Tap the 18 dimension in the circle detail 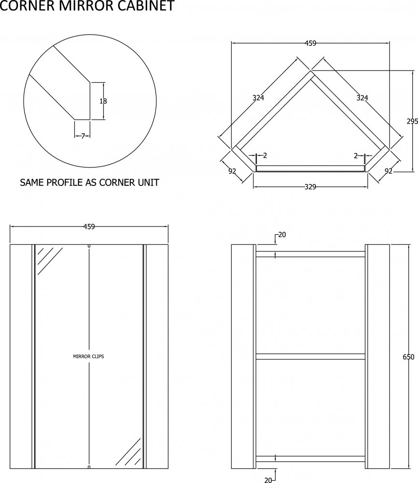103,101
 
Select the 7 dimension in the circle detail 83,136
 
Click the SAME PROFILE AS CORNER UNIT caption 89,183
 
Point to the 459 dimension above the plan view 310,43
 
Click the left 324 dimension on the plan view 258,98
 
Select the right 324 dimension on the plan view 362,98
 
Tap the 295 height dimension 412,122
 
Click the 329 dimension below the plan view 310,187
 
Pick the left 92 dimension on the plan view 232,170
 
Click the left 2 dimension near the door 265,156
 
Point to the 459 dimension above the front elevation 89,226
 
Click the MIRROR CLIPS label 88,356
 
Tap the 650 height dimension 408,357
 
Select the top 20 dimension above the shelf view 282,235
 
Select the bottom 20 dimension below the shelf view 269,479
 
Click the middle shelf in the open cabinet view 310,356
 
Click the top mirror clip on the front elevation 89,246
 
